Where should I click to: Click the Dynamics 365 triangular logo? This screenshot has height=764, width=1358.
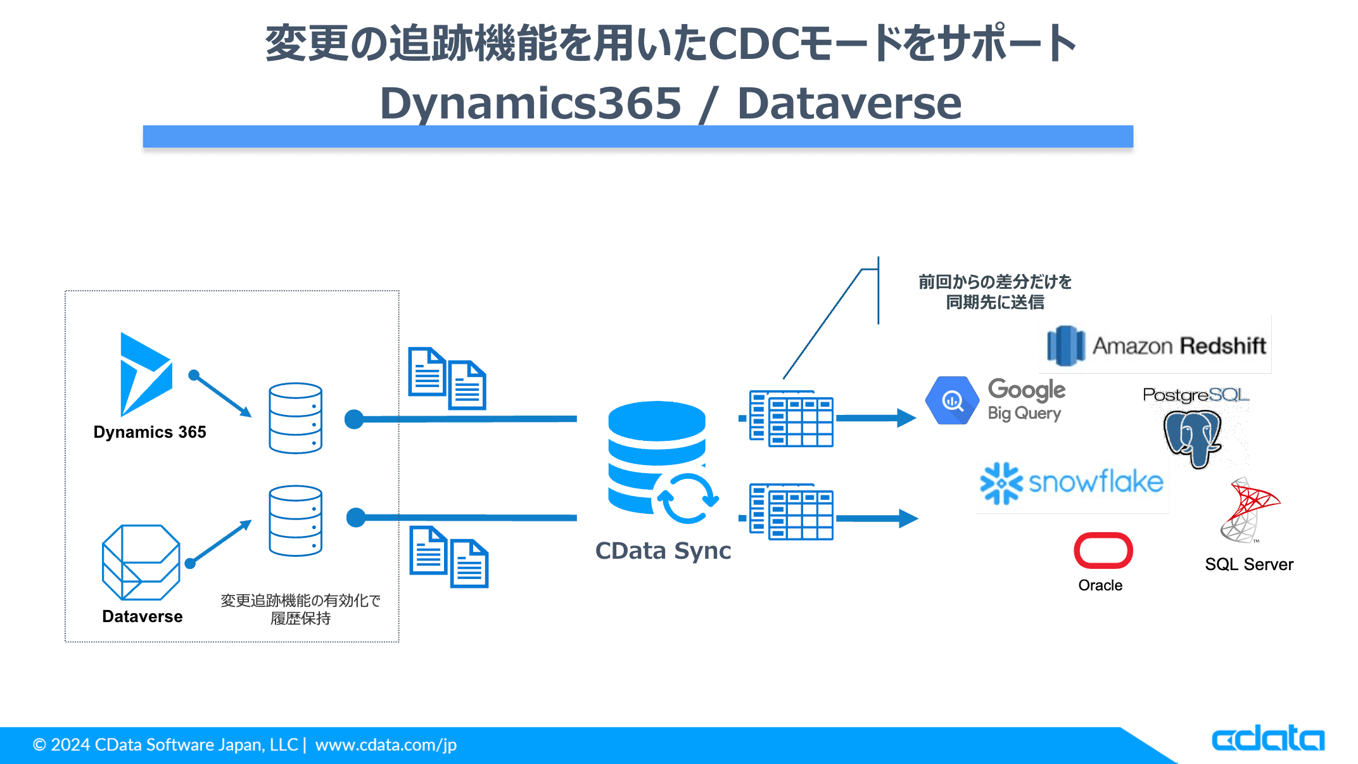pyautogui.click(x=144, y=374)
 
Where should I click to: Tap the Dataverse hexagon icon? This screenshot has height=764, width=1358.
pyautogui.click(x=141, y=562)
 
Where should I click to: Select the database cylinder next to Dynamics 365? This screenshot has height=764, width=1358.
pyautogui.click(x=295, y=418)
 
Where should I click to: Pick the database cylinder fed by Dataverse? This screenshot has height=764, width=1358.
pyautogui.click(x=295, y=521)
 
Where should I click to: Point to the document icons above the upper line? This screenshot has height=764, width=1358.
pyautogui.click(x=447, y=378)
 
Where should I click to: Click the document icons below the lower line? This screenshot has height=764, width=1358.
pyautogui.click(x=448, y=557)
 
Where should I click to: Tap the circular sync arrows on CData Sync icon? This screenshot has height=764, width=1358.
pyautogui.click(x=687, y=499)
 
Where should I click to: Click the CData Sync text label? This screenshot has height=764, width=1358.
pyautogui.click(x=663, y=551)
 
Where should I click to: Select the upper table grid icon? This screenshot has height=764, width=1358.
pyautogui.click(x=792, y=419)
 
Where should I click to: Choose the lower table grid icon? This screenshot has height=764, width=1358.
pyautogui.click(x=792, y=512)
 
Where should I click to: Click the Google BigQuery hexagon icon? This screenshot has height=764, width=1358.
pyautogui.click(x=951, y=400)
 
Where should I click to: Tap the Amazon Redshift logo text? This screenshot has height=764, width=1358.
pyautogui.click(x=1178, y=346)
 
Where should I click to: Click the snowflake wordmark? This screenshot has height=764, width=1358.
pyautogui.click(x=1096, y=482)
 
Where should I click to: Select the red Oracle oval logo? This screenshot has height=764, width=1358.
pyautogui.click(x=1103, y=550)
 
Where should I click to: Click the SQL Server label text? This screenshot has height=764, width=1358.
pyautogui.click(x=1248, y=564)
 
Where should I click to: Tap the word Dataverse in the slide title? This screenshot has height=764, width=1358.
pyautogui.click(x=849, y=103)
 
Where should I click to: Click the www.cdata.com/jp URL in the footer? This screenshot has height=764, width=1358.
pyautogui.click(x=386, y=745)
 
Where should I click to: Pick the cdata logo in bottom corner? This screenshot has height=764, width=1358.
pyautogui.click(x=1267, y=739)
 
